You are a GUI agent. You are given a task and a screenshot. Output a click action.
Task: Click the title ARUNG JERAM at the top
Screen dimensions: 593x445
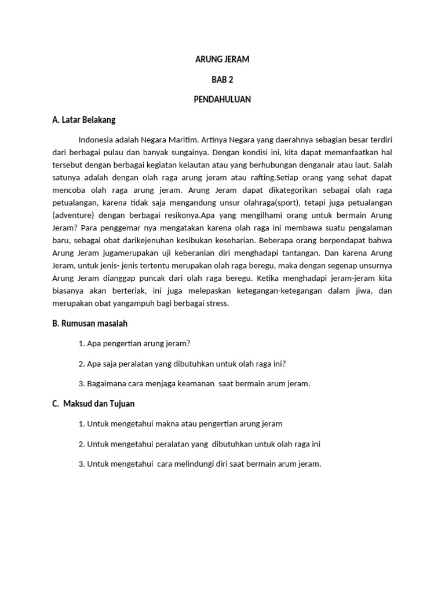coord(222,60)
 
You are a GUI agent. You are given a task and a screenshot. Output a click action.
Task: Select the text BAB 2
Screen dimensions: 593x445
coord(222,79)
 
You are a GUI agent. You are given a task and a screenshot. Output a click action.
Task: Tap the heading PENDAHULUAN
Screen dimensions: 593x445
coord(222,100)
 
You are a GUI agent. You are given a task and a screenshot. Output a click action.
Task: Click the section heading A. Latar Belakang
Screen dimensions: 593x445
coord(83,120)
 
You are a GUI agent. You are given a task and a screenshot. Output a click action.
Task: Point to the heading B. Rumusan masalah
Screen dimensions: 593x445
coord(89,323)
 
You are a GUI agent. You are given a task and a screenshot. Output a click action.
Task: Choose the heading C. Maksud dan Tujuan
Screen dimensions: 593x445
coord(93,404)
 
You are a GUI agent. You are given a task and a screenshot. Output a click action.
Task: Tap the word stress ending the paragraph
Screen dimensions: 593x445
coord(217,303)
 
